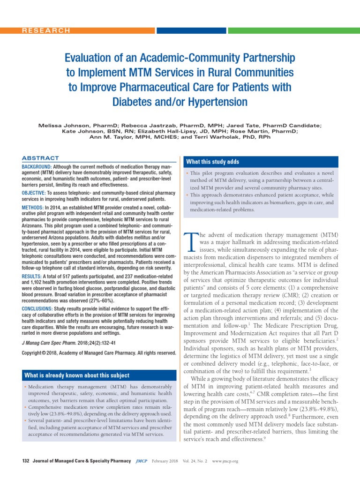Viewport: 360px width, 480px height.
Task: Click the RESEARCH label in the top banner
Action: tap(46, 30)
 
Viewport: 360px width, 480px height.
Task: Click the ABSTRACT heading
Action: tap(41, 158)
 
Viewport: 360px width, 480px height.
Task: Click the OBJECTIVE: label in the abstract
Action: tap(34, 193)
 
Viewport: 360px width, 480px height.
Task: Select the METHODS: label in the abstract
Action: tap(33, 207)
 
